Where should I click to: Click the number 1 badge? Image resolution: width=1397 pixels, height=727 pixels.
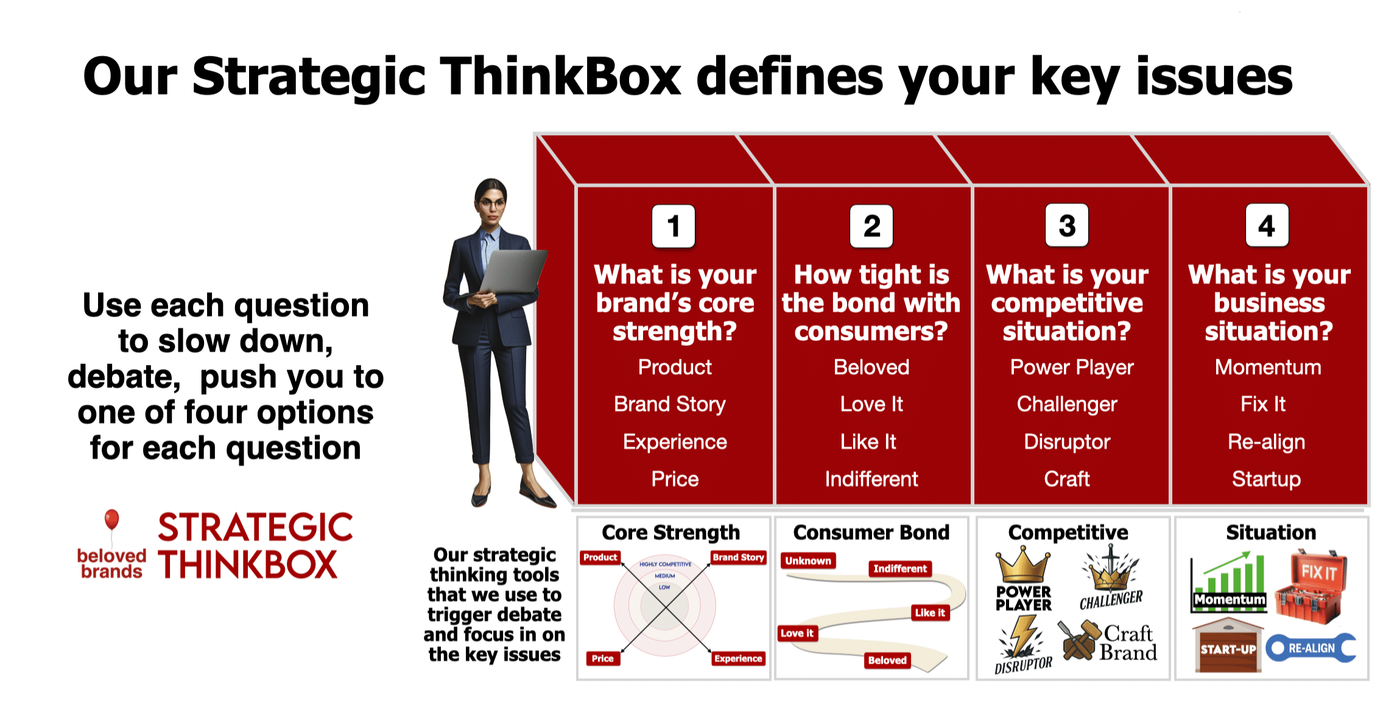673,227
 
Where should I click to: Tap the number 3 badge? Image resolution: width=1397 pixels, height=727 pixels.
1067,226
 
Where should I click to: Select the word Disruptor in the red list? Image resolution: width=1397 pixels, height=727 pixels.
1067,441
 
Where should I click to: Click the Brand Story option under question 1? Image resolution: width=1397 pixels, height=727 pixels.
670,404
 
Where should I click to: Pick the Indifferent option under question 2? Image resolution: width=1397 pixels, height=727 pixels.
871,479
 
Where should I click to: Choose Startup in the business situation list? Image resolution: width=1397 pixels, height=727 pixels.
1266,479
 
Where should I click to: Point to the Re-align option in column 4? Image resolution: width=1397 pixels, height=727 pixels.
1266,441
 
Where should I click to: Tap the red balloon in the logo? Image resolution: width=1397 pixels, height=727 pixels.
111,519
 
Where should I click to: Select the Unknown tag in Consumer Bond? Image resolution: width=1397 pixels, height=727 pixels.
808,561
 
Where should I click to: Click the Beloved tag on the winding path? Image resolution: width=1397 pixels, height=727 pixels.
887,660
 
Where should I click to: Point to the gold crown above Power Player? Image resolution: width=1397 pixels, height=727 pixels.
1023,565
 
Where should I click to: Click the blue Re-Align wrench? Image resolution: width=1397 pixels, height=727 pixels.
1311,648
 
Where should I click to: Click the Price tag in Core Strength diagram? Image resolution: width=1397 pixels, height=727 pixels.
602,658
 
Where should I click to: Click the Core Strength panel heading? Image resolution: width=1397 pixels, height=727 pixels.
670,533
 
